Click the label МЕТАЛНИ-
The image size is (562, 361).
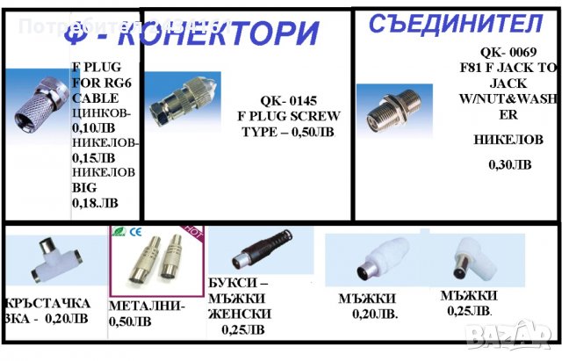pos(147,307)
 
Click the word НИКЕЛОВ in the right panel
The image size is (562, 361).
pos(508,140)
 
